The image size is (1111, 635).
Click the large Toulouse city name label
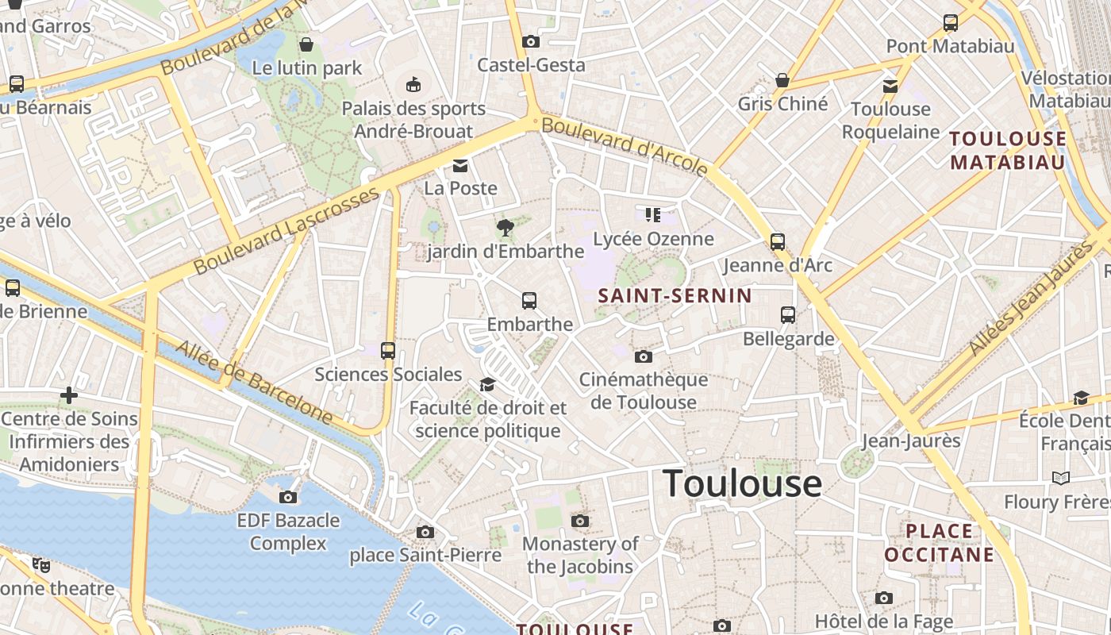pyautogui.click(x=742, y=483)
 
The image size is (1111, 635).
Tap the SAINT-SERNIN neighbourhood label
pyautogui.click(x=675, y=296)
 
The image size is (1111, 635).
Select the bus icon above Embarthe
pyautogui.click(x=529, y=301)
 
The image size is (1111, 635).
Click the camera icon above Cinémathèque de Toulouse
pyautogui.click(x=644, y=356)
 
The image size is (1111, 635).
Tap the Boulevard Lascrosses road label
pyautogui.click(x=287, y=230)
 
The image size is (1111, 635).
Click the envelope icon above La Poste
pyautogui.click(x=460, y=166)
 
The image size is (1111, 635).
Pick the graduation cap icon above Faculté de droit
pyautogui.click(x=487, y=385)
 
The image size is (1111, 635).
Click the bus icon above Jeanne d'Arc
pyautogui.click(x=778, y=242)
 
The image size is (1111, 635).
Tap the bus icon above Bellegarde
pyautogui.click(x=788, y=315)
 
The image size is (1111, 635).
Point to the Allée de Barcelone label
pyautogui.click(x=253, y=382)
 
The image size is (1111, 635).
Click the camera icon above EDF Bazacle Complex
pyautogui.click(x=288, y=498)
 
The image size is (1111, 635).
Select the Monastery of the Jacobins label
pyautogui.click(x=580, y=555)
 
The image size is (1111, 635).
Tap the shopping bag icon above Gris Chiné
pyautogui.click(x=782, y=80)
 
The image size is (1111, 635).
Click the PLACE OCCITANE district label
pyautogui.click(x=940, y=542)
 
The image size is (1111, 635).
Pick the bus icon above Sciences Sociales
pyautogui.click(x=388, y=351)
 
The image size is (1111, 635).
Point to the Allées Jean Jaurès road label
pyautogui.click(x=1031, y=298)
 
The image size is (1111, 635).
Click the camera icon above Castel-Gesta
pyautogui.click(x=531, y=42)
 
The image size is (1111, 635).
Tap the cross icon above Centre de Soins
pyautogui.click(x=69, y=394)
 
